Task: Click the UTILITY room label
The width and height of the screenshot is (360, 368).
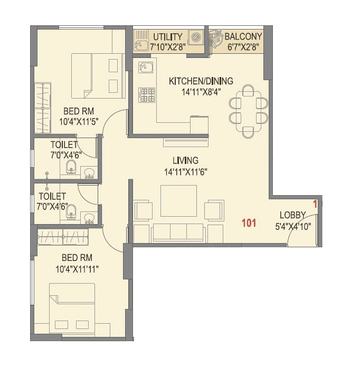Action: point(168,37)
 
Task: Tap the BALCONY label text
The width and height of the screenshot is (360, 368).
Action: point(243,37)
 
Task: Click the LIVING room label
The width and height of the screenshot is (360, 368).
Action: point(185,160)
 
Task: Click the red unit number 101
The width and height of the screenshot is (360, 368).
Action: point(249,223)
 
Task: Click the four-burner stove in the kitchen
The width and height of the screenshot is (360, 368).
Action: point(147,95)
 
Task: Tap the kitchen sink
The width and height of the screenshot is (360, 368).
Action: point(145,67)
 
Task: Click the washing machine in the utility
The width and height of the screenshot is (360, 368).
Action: point(196,37)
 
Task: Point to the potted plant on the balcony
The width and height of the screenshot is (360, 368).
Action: point(215,38)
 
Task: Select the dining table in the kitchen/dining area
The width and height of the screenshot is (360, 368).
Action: point(248,110)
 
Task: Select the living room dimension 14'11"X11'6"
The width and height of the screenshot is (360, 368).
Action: point(185,171)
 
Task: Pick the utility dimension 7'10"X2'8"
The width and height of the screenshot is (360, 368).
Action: point(168,46)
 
